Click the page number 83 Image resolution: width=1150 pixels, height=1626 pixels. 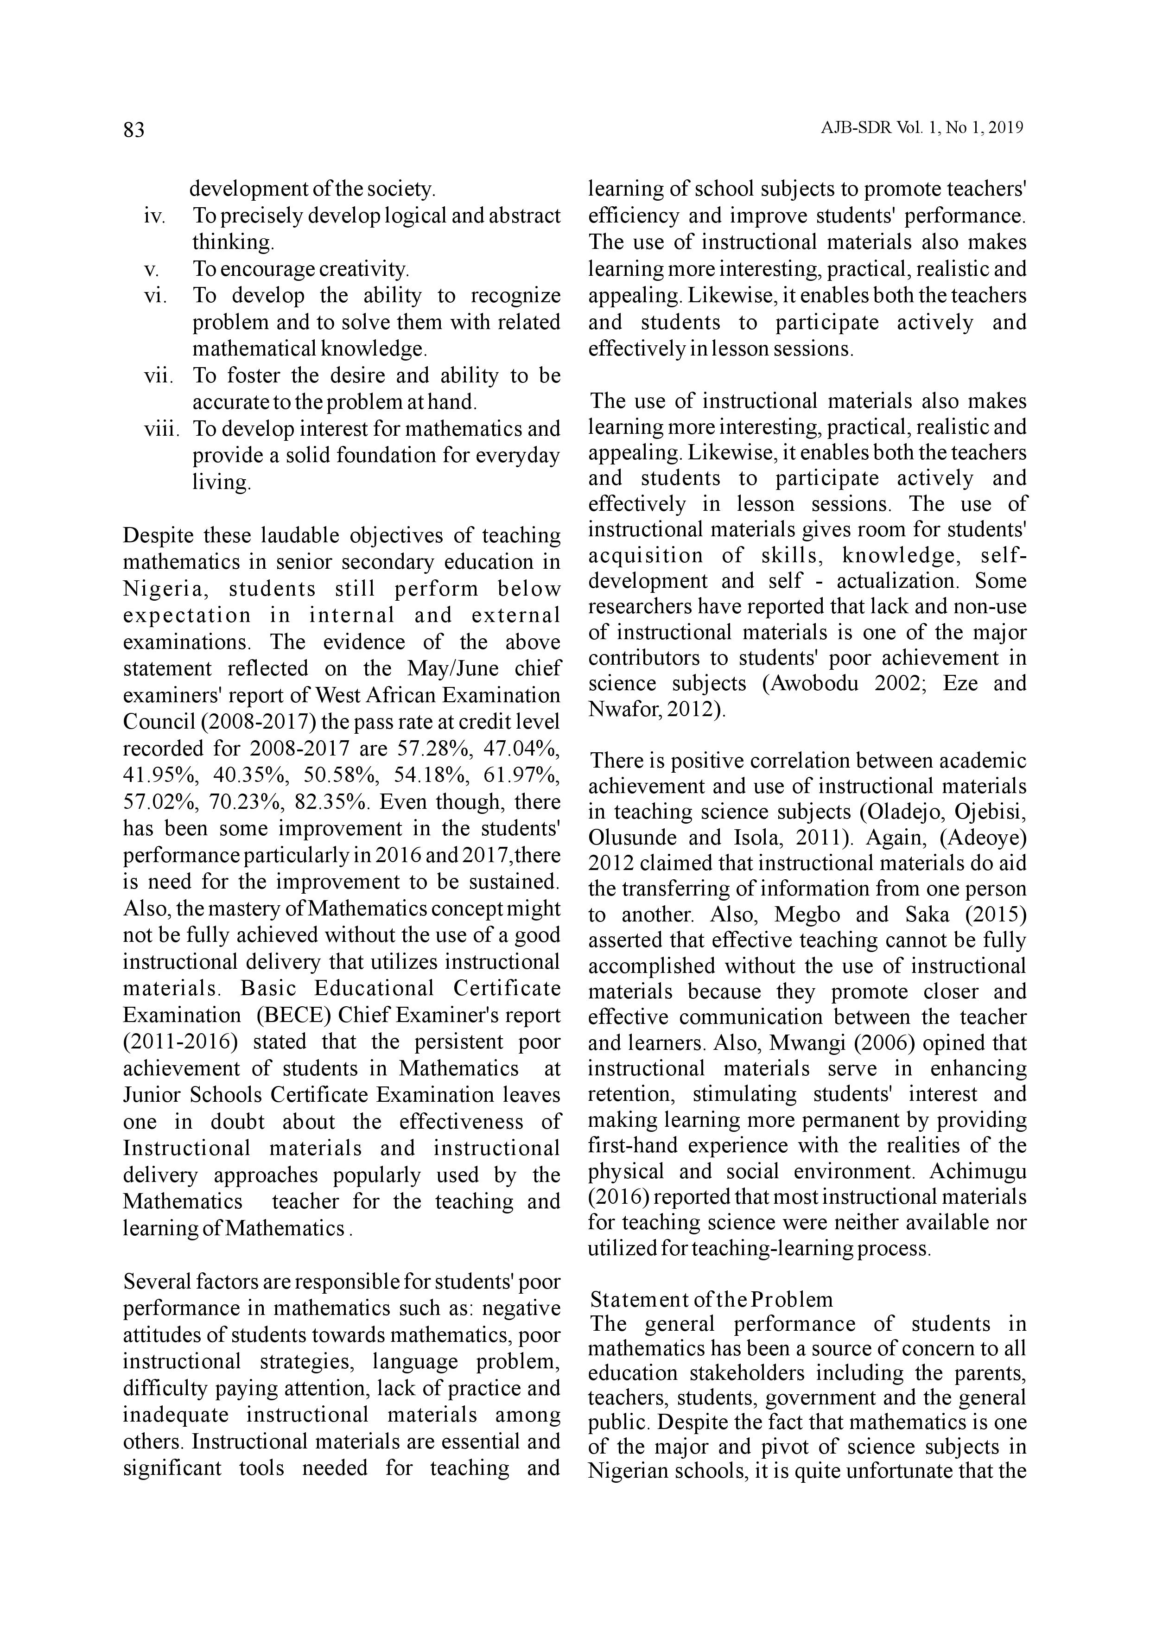(134, 130)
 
